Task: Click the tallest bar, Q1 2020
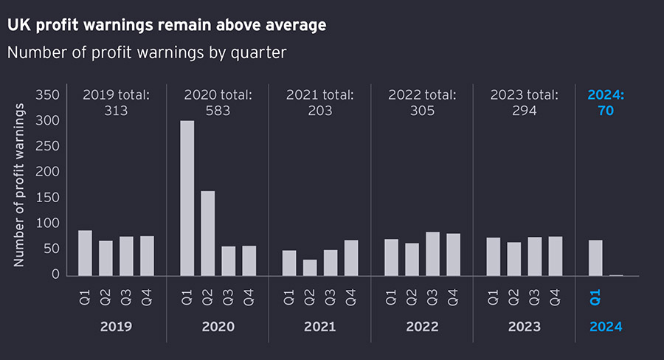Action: [x=187, y=198]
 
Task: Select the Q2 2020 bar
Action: [x=208, y=233]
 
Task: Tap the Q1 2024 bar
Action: [x=595, y=257]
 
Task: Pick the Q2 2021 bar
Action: [x=310, y=267]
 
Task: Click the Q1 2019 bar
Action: [x=85, y=253]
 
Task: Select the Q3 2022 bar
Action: [x=432, y=254]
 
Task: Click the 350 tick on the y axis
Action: [x=47, y=95]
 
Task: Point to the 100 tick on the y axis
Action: [x=47, y=224]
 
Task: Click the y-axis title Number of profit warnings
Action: [x=19, y=184]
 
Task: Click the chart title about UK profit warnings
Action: [x=167, y=25]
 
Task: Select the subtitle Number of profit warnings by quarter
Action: [x=146, y=52]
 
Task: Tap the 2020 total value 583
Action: [x=218, y=111]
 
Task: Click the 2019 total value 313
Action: [x=116, y=111]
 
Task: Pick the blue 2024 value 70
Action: [x=606, y=111]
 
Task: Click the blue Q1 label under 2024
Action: [x=595, y=297]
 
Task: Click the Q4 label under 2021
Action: [x=351, y=297]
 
